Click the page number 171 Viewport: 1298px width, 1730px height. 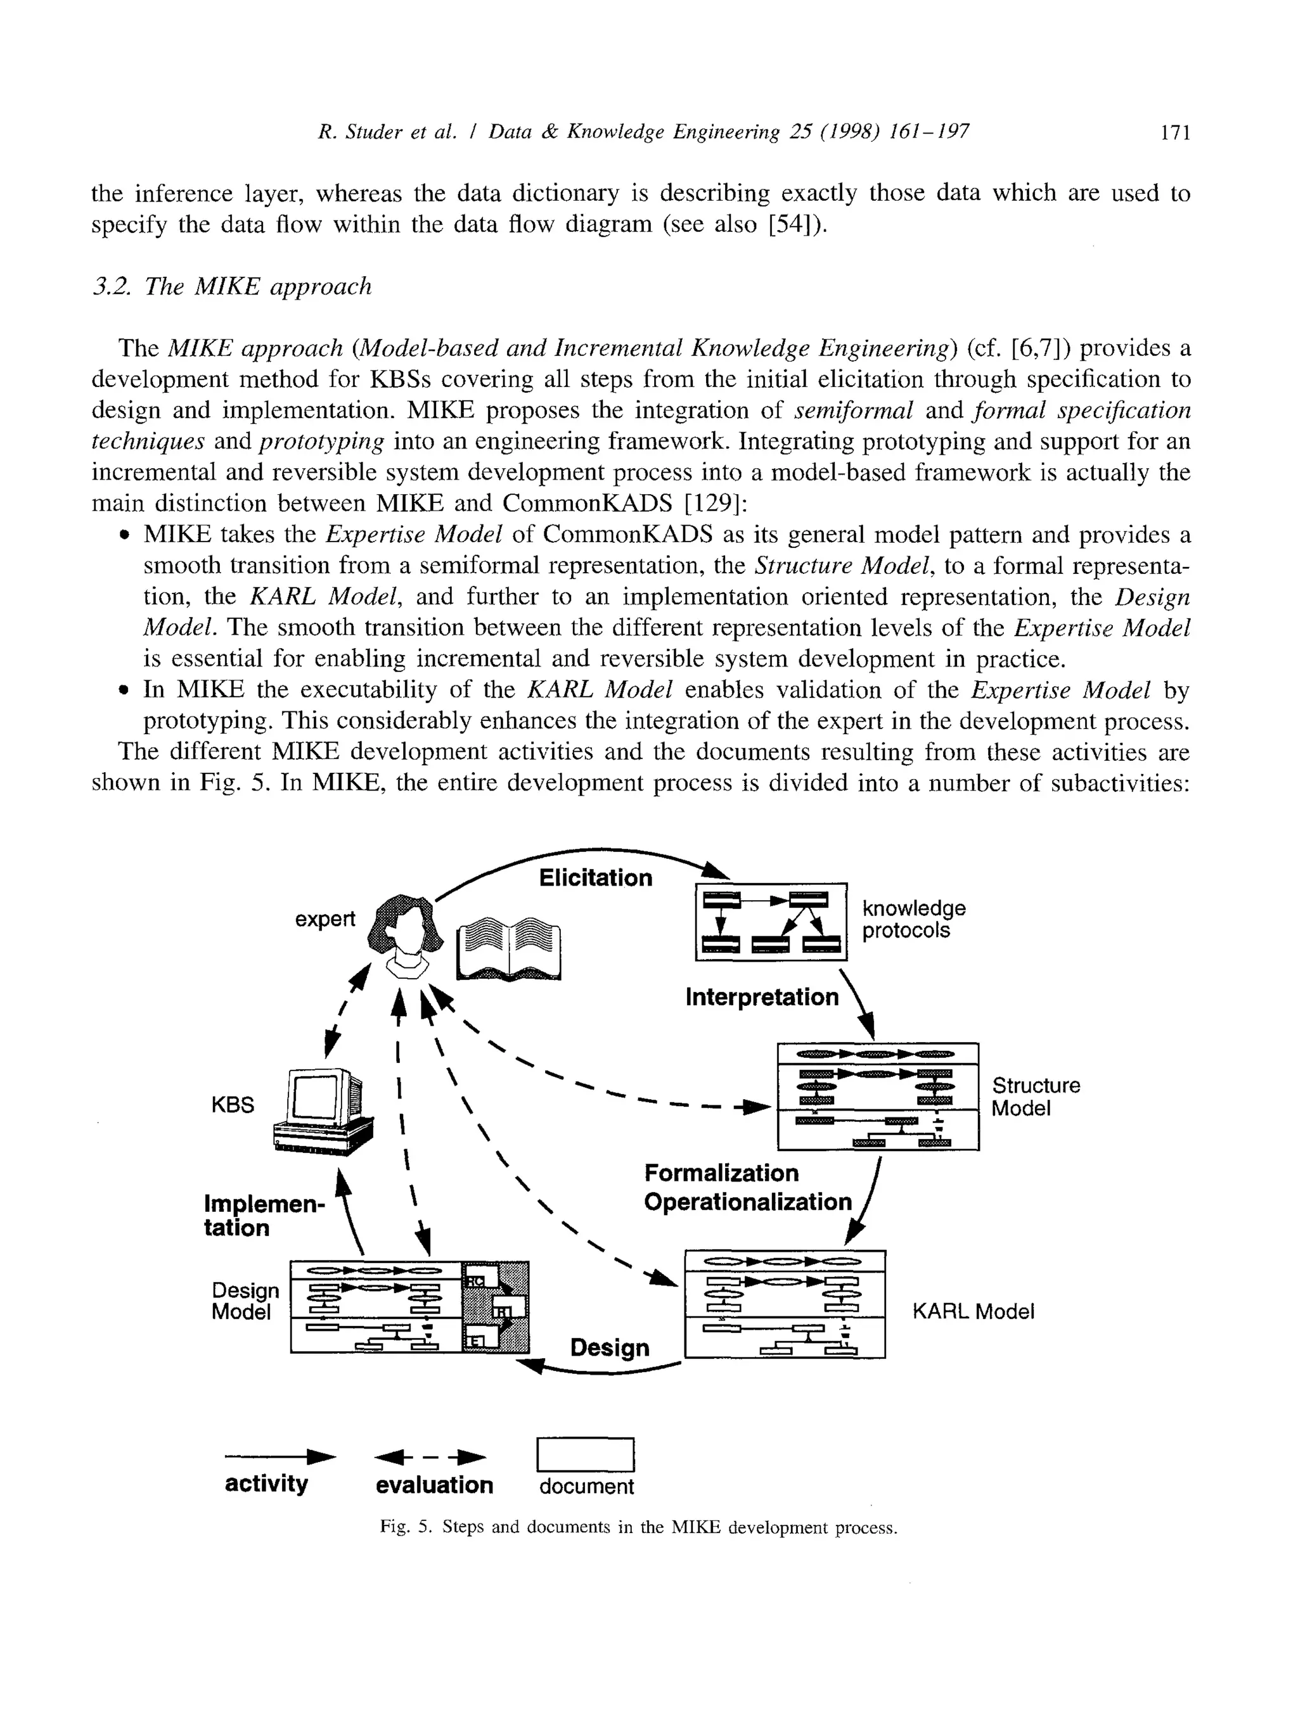click(1174, 132)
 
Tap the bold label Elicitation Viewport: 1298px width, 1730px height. click(595, 877)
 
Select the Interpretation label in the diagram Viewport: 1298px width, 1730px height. click(761, 997)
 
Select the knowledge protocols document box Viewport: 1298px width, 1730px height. click(771, 921)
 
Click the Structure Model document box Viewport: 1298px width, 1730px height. click(878, 1096)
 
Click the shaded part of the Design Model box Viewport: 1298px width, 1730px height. click(495, 1307)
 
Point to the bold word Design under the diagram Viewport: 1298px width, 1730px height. click(610, 1347)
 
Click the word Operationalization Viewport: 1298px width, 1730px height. click(747, 1202)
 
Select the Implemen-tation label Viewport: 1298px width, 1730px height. click(263, 1216)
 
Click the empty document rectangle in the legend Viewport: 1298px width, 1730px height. click(585, 1454)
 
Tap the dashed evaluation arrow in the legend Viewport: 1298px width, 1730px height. click(431, 1457)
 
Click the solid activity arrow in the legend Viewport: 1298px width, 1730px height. click(280, 1456)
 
